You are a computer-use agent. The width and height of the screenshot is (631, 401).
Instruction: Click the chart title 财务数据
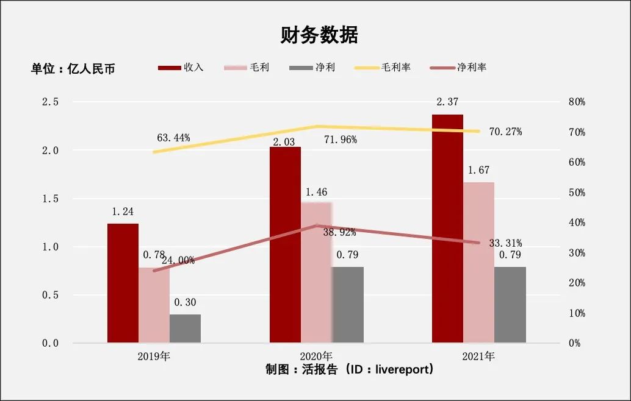[x=319, y=35]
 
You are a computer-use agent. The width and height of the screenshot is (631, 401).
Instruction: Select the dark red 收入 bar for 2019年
[x=123, y=283]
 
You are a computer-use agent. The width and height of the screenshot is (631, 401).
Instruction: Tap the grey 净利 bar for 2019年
[x=185, y=328]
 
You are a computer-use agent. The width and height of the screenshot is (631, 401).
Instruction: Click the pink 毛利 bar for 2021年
[x=478, y=262]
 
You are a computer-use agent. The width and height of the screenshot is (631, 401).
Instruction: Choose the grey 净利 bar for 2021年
[x=510, y=305]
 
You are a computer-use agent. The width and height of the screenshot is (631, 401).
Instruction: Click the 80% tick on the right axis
[x=575, y=102]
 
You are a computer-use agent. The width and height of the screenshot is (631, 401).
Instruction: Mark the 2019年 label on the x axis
[x=154, y=356]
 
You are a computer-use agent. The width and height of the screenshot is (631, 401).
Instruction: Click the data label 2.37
[x=447, y=102]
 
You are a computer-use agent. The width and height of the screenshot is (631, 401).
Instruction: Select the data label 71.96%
[x=340, y=140]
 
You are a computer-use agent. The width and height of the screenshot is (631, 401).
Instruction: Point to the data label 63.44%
[x=173, y=138]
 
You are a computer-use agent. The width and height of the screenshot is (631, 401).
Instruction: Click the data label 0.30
[x=185, y=302]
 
